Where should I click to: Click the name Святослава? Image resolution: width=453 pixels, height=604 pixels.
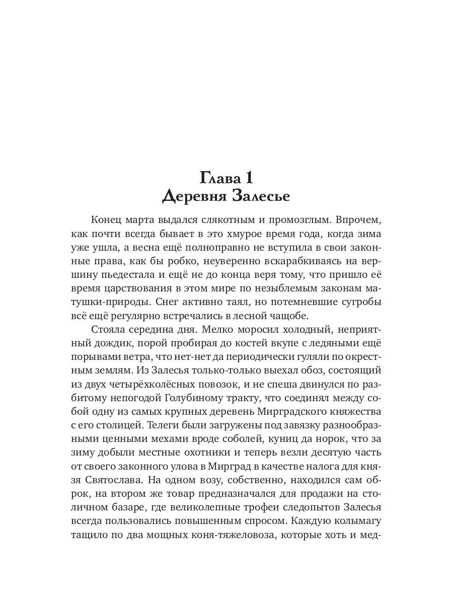109,480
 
